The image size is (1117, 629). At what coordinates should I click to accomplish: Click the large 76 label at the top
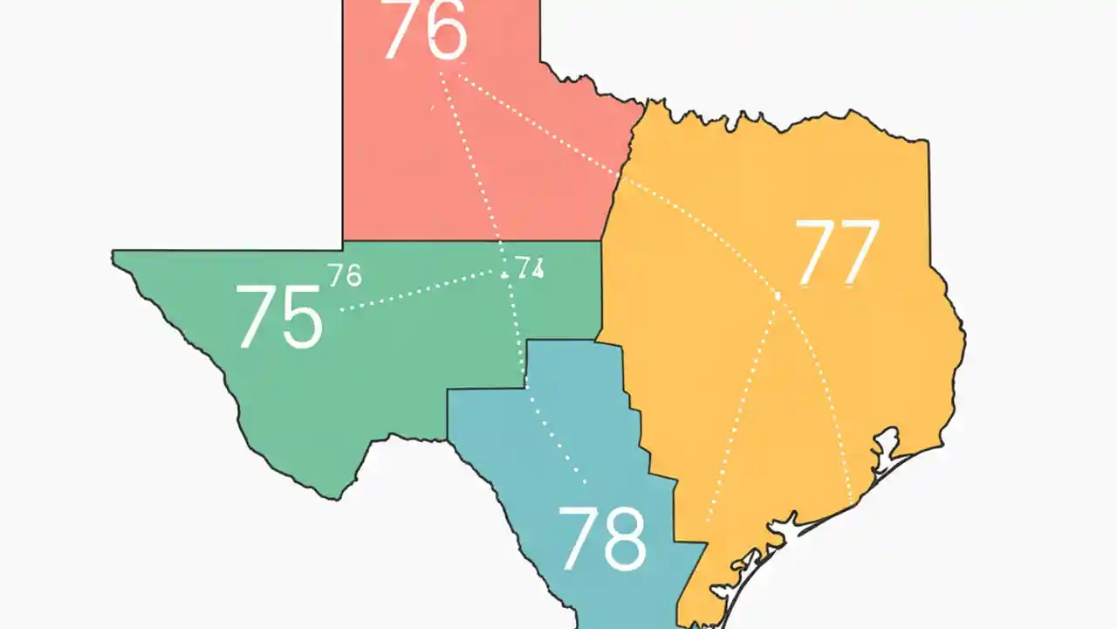pos(425,31)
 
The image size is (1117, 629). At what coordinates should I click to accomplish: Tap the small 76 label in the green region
pos(346,275)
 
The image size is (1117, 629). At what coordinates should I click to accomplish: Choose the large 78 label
pos(602,537)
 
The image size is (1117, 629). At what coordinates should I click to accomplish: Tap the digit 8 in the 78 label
pos(626,538)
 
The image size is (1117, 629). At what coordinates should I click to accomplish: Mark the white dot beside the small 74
pos(505,275)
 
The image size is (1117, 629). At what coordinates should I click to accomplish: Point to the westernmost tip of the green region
pos(113,253)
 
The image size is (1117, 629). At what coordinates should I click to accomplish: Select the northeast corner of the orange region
pos(927,141)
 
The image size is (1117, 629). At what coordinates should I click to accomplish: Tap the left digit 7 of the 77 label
pos(816,252)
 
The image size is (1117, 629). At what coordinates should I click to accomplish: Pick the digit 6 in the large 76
pos(447,31)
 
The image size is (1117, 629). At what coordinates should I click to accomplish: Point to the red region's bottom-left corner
pos(344,239)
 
